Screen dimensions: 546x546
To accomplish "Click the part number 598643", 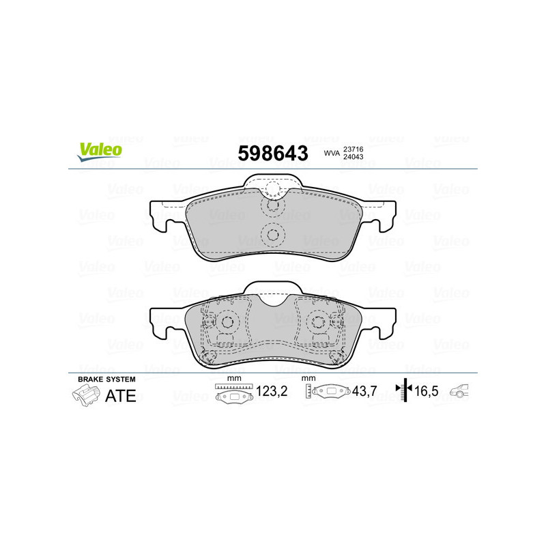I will point(272,154).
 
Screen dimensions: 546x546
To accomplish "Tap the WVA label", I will point(332,154).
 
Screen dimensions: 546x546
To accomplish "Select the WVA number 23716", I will point(353,149).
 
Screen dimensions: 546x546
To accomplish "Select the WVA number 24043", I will point(353,158).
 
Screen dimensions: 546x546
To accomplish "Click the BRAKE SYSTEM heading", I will point(106,379).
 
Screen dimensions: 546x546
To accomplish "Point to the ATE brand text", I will point(121,396).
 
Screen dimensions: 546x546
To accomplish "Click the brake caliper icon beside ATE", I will point(84,395).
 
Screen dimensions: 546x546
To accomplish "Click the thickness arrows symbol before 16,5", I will point(405,390).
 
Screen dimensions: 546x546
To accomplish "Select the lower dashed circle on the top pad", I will point(272,235).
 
